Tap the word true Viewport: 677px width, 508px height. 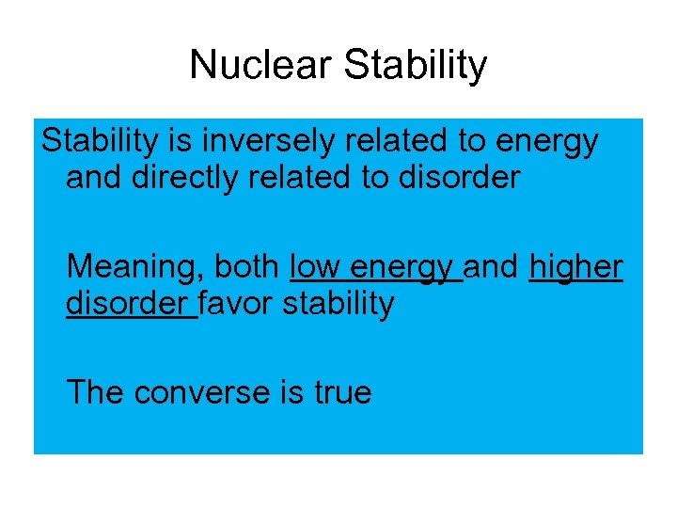(342, 392)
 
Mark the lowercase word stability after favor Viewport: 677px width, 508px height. (338, 304)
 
